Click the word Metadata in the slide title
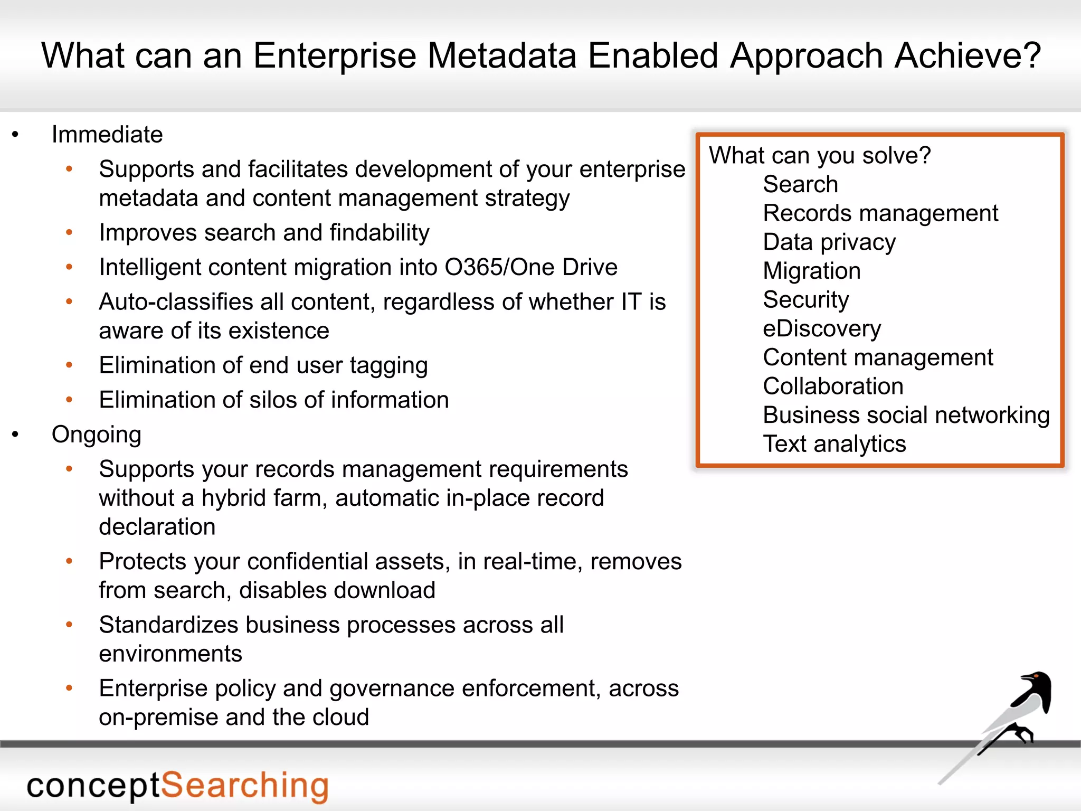tap(501, 55)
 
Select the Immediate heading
tap(107, 135)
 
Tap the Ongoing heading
tap(97, 435)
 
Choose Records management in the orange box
tap(880, 213)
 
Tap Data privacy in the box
tap(829, 242)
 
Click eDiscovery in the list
tap(822, 329)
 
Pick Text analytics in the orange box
tap(834, 444)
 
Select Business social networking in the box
tap(906, 416)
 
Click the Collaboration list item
tap(833, 386)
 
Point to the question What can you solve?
tap(820, 156)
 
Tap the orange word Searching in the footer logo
tap(244, 786)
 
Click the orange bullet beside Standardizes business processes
tap(69, 625)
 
